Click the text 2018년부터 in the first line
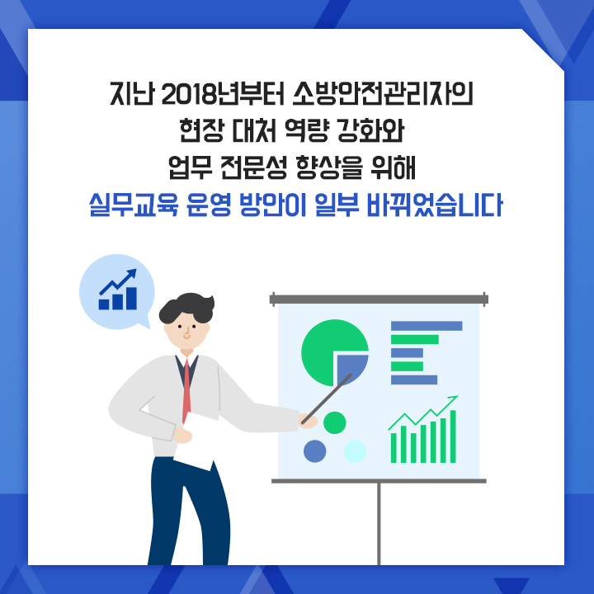click(223, 93)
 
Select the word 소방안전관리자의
click(383, 93)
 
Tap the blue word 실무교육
click(134, 205)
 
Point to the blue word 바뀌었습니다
click(435, 205)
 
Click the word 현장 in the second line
click(201, 130)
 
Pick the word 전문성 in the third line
click(254, 167)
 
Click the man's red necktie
click(186, 390)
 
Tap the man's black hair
click(187, 308)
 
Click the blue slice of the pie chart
click(351, 368)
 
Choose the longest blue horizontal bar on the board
click(427, 326)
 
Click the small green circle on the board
click(334, 422)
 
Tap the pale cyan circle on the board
click(355, 451)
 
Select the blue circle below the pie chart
click(315, 451)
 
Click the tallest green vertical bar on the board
click(453, 436)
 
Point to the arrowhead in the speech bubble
click(132, 273)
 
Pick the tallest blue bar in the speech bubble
click(131, 299)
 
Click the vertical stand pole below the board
click(379, 524)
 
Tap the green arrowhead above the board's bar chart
click(454, 398)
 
